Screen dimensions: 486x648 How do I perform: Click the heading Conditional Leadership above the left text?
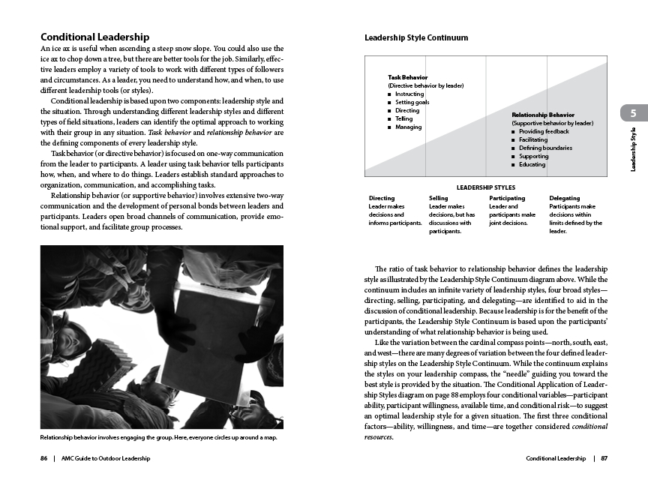(x=94, y=37)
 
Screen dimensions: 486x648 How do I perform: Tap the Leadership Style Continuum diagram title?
(x=416, y=37)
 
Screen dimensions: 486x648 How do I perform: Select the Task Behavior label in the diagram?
(x=407, y=77)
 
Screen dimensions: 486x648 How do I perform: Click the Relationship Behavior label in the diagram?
(x=543, y=115)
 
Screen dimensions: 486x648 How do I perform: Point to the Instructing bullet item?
(x=409, y=94)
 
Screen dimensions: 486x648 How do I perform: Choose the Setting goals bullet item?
(x=412, y=102)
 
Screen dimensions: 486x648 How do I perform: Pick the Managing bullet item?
(x=408, y=127)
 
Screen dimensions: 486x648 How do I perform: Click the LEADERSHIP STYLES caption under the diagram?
(x=485, y=187)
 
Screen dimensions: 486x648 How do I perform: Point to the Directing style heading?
(x=382, y=198)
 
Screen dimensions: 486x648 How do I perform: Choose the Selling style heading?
(x=438, y=198)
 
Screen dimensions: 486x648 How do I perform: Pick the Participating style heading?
(x=507, y=198)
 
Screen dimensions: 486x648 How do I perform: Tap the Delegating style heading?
(x=565, y=198)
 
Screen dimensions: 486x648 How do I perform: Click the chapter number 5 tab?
(x=633, y=114)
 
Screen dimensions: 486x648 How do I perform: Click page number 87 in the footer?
(x=604, y=458)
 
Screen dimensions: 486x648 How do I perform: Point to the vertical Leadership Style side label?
(x=633, y=150)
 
